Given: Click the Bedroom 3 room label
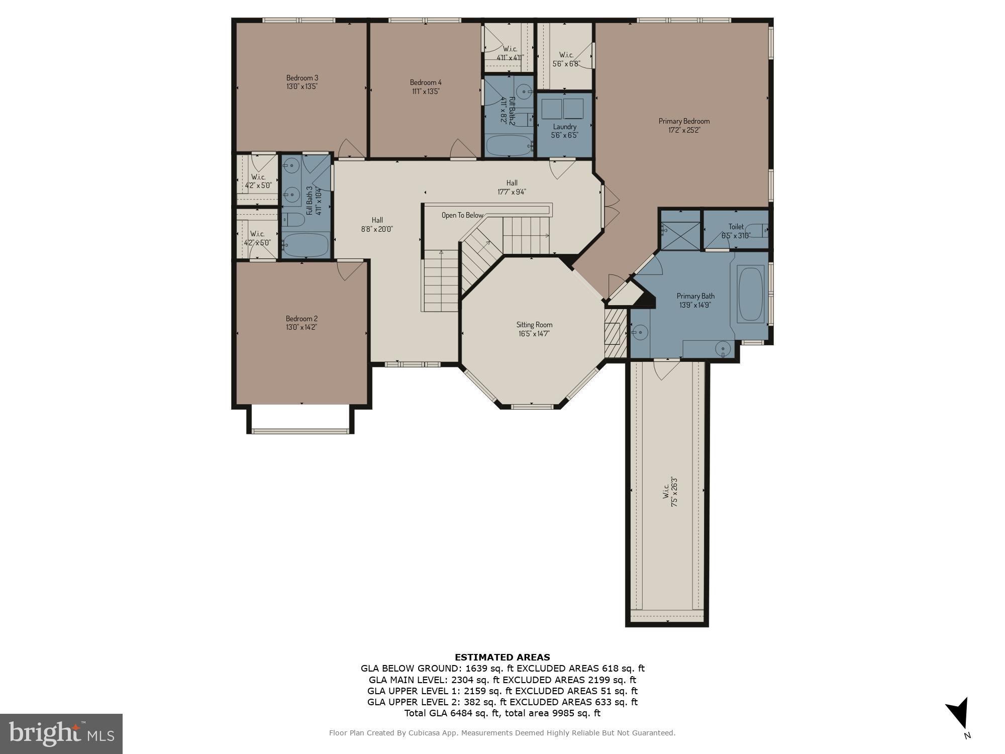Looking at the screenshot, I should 302,78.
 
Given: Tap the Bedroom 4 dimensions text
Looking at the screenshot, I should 425,91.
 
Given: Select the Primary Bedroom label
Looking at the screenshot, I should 684,121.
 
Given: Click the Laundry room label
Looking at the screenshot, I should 564,127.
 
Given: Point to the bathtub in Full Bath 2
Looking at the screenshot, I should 509,146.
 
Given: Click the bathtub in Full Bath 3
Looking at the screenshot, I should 305,245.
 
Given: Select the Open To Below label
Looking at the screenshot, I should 462,215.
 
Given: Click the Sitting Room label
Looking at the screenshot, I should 534,325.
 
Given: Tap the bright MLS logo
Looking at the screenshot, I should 61,734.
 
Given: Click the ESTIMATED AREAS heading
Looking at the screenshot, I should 502,657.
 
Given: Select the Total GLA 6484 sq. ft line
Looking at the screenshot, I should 502,713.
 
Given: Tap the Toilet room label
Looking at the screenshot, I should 736,227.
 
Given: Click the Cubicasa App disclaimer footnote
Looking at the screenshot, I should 502,733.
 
